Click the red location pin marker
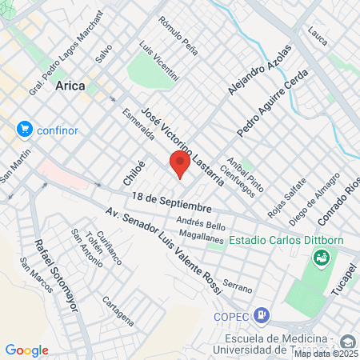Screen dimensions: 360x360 coord(180,164)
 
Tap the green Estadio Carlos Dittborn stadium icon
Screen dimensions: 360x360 coord(321,257)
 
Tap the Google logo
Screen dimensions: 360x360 coord(26,350)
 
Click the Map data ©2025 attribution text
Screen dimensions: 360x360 coord(326,354)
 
